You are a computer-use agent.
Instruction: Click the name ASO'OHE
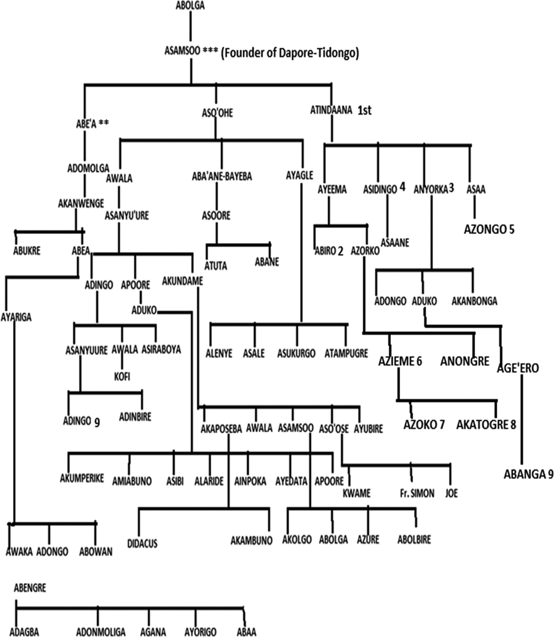point(217,113)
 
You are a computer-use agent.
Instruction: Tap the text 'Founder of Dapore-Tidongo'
point(290,53)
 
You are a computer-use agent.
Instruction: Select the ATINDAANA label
point(331,110)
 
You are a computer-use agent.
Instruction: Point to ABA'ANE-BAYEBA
point(222,177)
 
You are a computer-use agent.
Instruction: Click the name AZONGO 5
point(489,230)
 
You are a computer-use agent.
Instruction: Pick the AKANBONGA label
point(474,301)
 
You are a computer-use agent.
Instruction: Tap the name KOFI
point(122,376)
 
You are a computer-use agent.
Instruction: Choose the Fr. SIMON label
point(417,494)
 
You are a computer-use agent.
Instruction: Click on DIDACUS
point(142,544)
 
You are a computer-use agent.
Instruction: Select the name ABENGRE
point(30,588)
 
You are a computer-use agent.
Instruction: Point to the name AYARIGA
point(16,317)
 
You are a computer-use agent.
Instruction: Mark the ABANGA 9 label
point(525,474)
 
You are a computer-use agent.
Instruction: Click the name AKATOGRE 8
point(486,424)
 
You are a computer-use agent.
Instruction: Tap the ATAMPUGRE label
point(346,354)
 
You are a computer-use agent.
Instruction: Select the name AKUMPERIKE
point(82,478)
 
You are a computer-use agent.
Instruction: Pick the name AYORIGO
point(200,632)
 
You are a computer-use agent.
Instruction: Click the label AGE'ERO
point(518,368)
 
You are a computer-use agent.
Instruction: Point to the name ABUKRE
point(27,251)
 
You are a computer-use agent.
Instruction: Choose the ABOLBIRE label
point(414,540)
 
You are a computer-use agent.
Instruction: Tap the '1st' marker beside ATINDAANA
point(365,111)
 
